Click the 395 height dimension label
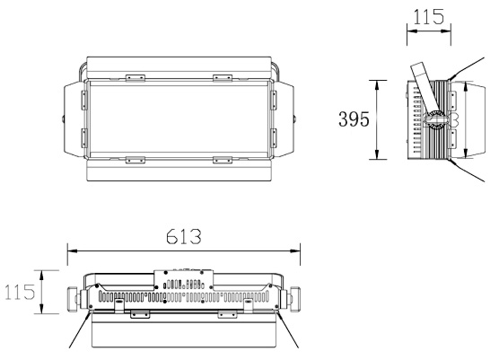point(352,119)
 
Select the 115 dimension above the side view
point(429,17)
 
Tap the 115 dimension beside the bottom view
point(19,292)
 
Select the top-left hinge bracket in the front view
point(135,78)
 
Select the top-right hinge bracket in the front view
point(223,78)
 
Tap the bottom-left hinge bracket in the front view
point(135,160)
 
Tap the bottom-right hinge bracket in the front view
point(223,160)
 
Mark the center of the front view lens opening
point(179,119)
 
